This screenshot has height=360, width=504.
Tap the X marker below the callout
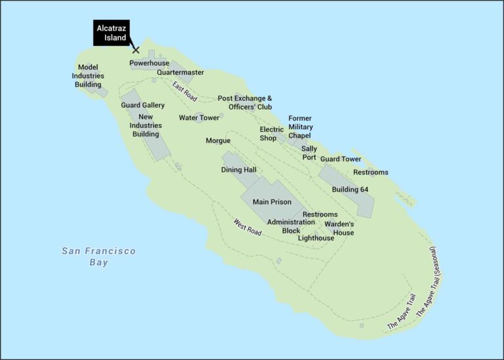pos(136,50)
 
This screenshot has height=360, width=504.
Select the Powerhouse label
pos(149,63)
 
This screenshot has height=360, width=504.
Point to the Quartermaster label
pos(180,72)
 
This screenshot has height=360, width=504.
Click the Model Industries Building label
pos(88,75)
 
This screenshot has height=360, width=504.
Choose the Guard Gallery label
pos(142,105)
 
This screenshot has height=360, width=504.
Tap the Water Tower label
pos(199,118)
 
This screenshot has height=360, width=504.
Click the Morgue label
pos(218,141)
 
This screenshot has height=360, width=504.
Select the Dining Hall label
pos(238,170)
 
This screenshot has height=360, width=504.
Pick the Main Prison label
pos(272,202)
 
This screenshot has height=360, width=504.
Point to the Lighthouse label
pos(316,238)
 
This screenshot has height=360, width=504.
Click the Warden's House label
pos(339,228)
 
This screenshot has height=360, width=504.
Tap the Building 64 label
pos(350,190)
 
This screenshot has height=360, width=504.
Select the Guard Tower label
pos(341,159)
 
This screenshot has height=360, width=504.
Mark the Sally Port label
pos(309,153)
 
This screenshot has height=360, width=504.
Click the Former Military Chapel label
pos(301,127)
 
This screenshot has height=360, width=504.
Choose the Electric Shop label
pos(272,134)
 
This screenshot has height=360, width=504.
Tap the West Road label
pos(247,227)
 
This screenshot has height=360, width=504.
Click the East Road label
pos(185,91)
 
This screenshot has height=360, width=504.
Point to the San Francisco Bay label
pos(98,256)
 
